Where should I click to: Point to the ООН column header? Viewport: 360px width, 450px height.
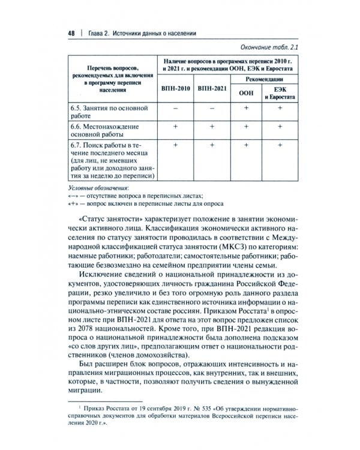pos(246,93)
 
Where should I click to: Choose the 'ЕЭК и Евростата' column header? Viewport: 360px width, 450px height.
pos(280,93)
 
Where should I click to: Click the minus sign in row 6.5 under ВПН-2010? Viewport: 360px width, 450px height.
pos(176,108)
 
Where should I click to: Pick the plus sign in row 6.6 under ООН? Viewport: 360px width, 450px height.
pos(246,127)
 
